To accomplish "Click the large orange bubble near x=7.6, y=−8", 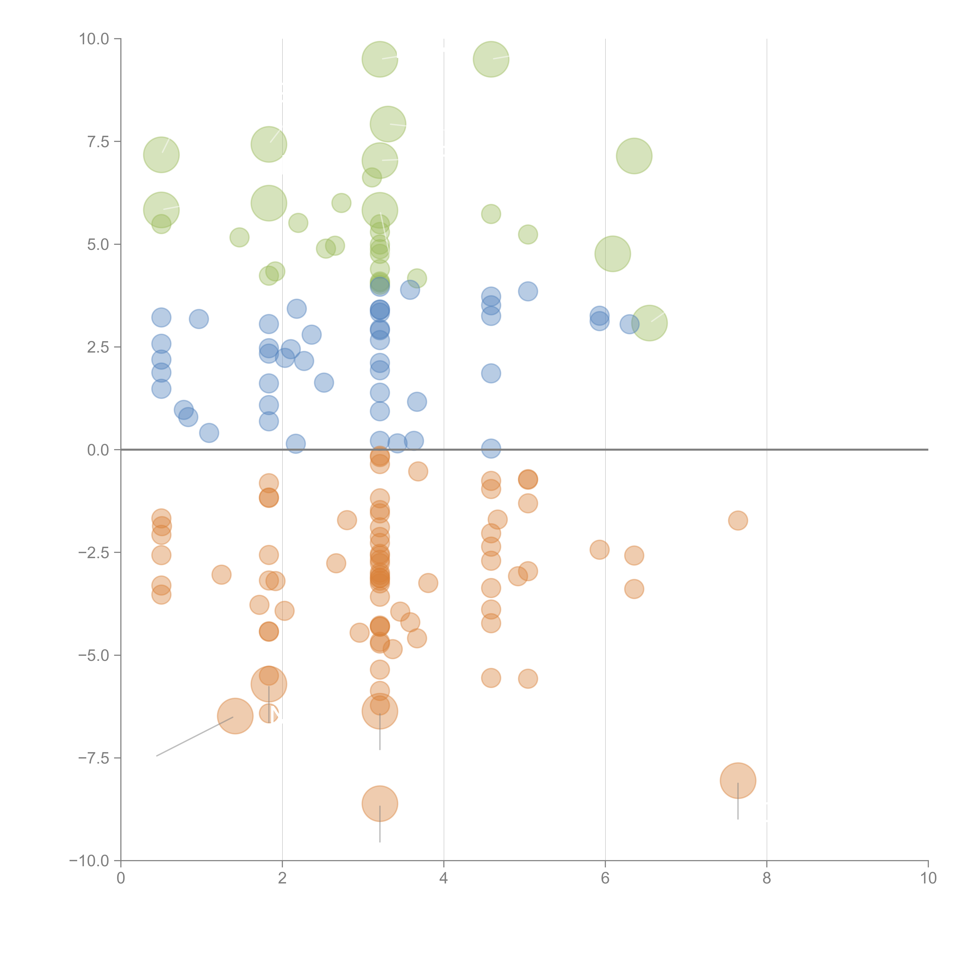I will [x=738, y=781].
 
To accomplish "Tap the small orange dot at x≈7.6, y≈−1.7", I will [x=738, y=521].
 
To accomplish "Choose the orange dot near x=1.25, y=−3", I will [x=221, y=575].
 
